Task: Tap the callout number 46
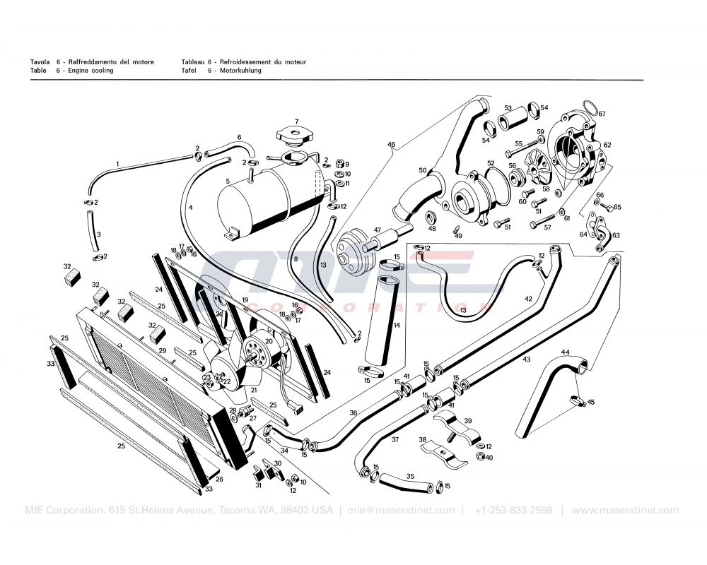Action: (391, 145)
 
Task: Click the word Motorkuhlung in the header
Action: (240, 71)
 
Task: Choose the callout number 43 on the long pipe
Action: (526, 359)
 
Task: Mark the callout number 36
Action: (353, 413)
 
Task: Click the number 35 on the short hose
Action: (410, 476)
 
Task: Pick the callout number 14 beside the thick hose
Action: (397, 325)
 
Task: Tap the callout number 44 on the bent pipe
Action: (565, 352)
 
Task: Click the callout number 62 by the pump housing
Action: (607, 145)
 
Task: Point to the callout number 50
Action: (422, 170)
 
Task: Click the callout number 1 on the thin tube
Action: (117, 164)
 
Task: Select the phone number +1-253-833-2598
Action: (513, 511)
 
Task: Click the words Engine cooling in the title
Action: (90, 71)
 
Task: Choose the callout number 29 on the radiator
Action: (162, 350)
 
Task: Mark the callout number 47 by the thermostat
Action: (378, 230)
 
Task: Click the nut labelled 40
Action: (480, 458)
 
